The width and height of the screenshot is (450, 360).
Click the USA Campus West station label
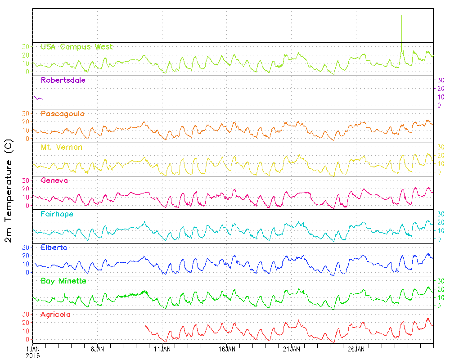point(76,47)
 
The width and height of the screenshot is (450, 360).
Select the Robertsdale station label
point(63,81)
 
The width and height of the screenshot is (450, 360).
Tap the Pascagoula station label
point(63,114)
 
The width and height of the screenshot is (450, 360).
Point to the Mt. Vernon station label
point(61,147)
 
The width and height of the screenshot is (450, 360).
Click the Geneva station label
point(54,180)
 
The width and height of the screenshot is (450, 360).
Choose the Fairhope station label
point(57,214)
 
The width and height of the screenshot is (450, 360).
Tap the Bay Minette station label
point(63,281)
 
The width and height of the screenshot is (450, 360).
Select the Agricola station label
point(55,315)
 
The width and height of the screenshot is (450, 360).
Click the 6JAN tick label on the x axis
point(98,349)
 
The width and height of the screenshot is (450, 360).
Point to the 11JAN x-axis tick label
point(162,349)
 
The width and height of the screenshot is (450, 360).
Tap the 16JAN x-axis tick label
point(227,349)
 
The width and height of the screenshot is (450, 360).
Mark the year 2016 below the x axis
point(32,355)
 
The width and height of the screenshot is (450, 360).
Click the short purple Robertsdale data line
point(37,98)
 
